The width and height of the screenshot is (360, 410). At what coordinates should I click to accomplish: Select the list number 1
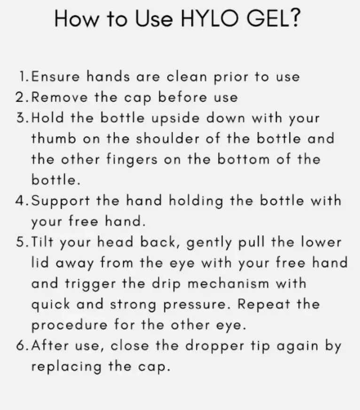pyautogui.click(x=23, y=77)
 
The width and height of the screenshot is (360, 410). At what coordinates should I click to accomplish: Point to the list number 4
pyautogui.click(x=20, y=201)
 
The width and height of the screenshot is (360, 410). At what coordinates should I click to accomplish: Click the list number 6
pyautogui.click(x=20, y=345)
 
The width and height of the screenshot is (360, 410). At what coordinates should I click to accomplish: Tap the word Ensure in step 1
pyautogui.click(x=55, y=77)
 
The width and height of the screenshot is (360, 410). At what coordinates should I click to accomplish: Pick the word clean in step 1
pyautogui.click(x=187, y=77)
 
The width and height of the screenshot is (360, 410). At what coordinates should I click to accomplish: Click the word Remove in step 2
pyautogui.click(x=60, y=97)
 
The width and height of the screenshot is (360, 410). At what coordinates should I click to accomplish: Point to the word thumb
pyautogui.click(x=54, y=139)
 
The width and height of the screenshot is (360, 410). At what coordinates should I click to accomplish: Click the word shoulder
pyautogui.click(x=168, y=139)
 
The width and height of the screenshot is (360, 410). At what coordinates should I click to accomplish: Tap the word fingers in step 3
pyautogui.click(x=132, y=160)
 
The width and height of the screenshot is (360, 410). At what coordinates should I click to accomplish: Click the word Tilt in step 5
pyautogui.click(x=42, y=242)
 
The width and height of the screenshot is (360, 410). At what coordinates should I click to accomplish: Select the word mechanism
pyautogui.click(x=228, y=284)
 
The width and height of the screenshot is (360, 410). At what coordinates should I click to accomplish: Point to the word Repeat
pyautogui.click(x=264, y=304)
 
